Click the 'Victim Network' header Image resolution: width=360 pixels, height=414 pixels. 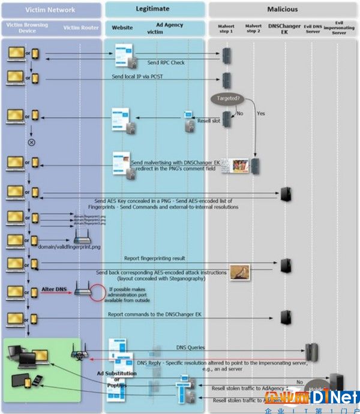[50, 10]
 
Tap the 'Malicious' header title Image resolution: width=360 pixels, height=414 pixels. [283, 10]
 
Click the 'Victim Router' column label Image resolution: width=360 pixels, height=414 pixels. [80, 28]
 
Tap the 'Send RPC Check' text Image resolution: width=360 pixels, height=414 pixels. [166, 62]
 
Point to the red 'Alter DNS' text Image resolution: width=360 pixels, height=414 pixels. [53, 290]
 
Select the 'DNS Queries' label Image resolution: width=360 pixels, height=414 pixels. [190, 347]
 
